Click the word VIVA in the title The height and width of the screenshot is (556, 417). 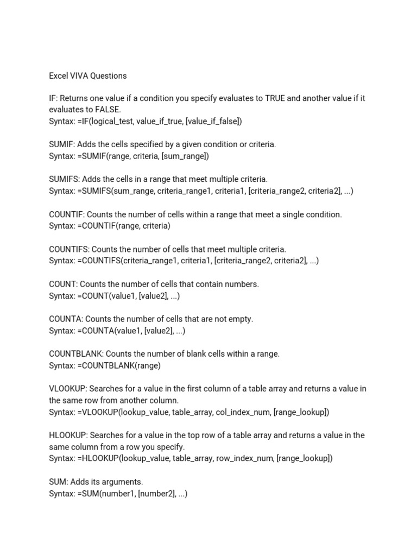click(79, 75)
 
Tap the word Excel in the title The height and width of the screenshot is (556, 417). click(59, 75)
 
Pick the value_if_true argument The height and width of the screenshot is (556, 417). click(160, 122)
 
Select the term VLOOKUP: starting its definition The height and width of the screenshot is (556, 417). click(67, 389)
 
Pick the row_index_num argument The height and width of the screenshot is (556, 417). click(247, 459)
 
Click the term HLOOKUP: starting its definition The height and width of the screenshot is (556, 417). click(68, 435)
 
